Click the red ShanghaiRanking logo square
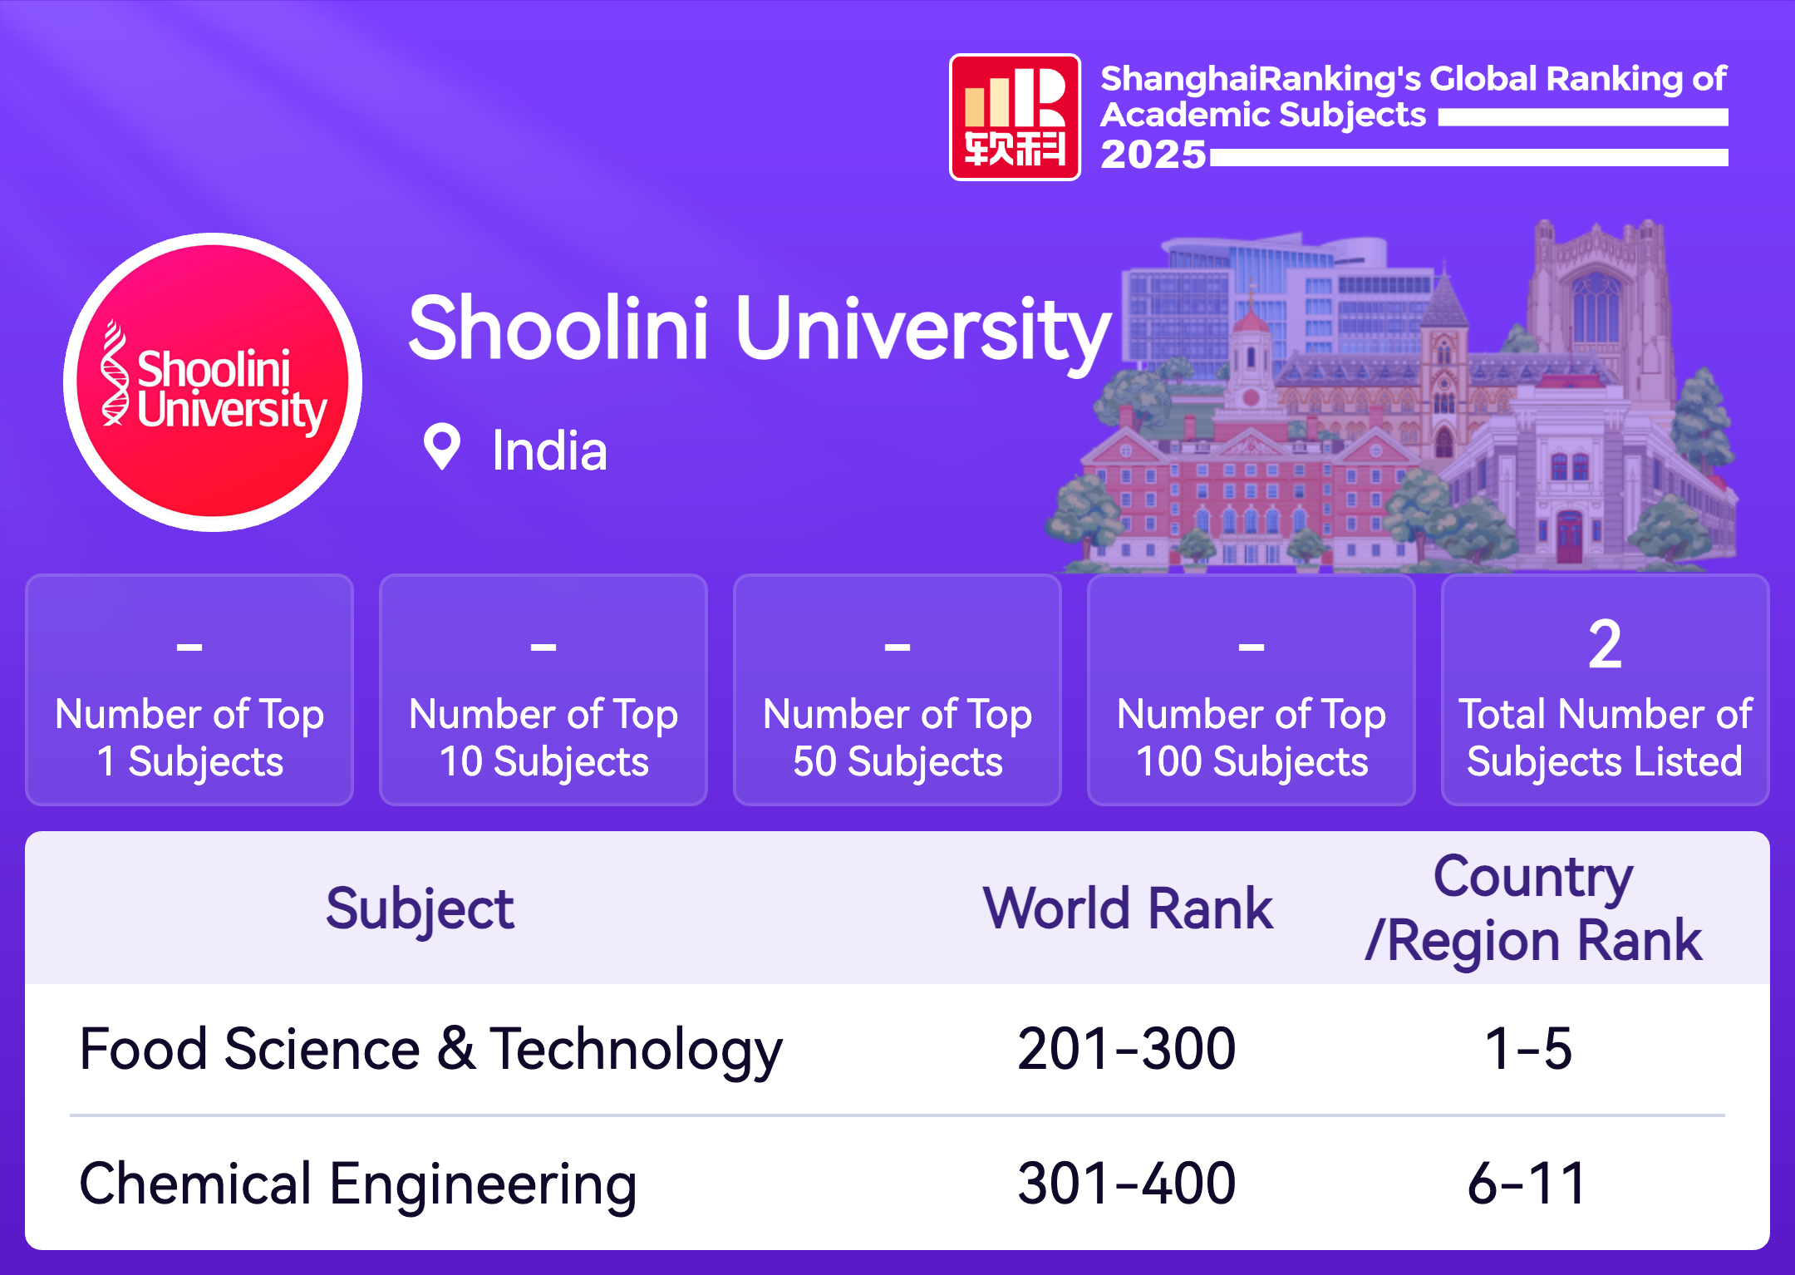tap(1015, 117)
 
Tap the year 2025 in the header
tap(1153, 155)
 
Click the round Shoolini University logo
tap(213, 382)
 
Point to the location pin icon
tap(442, 447)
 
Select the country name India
tap(549, 450)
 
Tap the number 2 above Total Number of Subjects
tap(1605, 644)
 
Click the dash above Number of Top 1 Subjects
tap(189, 646)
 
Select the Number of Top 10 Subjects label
tap(543, 738)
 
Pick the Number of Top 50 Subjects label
tap(897, 738)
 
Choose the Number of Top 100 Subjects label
tap(1252, 738)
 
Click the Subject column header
tap(420, 908)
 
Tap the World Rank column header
tap(1128, 908)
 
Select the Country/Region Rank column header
tap(1533, 908)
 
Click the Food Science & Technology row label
tap(430, 1050)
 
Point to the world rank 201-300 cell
tap(1127, 1049)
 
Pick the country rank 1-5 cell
tap(1528, 1049)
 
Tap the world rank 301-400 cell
tap(1127, 1184)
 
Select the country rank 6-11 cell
tap(1527, 1184)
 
